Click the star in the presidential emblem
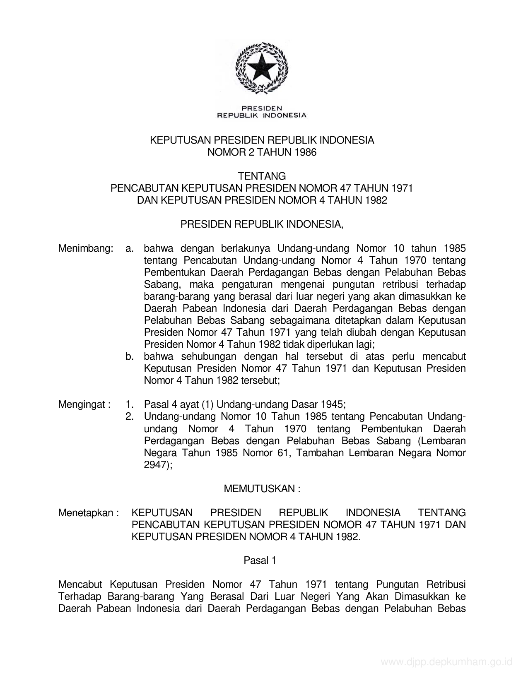261,67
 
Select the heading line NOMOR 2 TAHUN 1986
261,152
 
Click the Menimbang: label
86,248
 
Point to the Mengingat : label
84,404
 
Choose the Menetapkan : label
88,513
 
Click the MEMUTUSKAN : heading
262,489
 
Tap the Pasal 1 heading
260,560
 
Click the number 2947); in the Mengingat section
158,465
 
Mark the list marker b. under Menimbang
130,356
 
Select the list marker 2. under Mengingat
130,416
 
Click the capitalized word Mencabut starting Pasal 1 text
81,584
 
